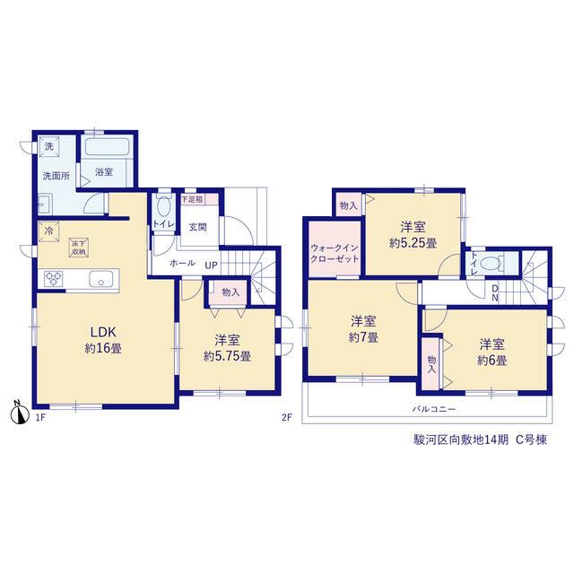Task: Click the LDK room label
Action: pos(103,333)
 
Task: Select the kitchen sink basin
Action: pos(101,280)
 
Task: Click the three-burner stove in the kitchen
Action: pos(54,279)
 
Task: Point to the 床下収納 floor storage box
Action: pos(80,248)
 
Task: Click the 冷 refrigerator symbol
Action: pos(48,231)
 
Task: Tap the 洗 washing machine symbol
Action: pos(48,146)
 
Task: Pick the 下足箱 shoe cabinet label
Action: pos(192,199)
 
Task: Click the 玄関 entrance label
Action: pos(197,227)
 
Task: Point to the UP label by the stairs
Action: pos(212,265)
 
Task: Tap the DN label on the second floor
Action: pos(494,293)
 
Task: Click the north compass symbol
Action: pos(20,413)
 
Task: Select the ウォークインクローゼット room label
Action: pos(335,253)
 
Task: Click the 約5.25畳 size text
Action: pos(413,243)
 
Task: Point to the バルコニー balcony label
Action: pos(434,409)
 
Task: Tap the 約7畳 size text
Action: pos(363,337)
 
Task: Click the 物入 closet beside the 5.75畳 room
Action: pos(230,292)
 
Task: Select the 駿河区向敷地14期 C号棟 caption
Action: pos(481,439)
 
